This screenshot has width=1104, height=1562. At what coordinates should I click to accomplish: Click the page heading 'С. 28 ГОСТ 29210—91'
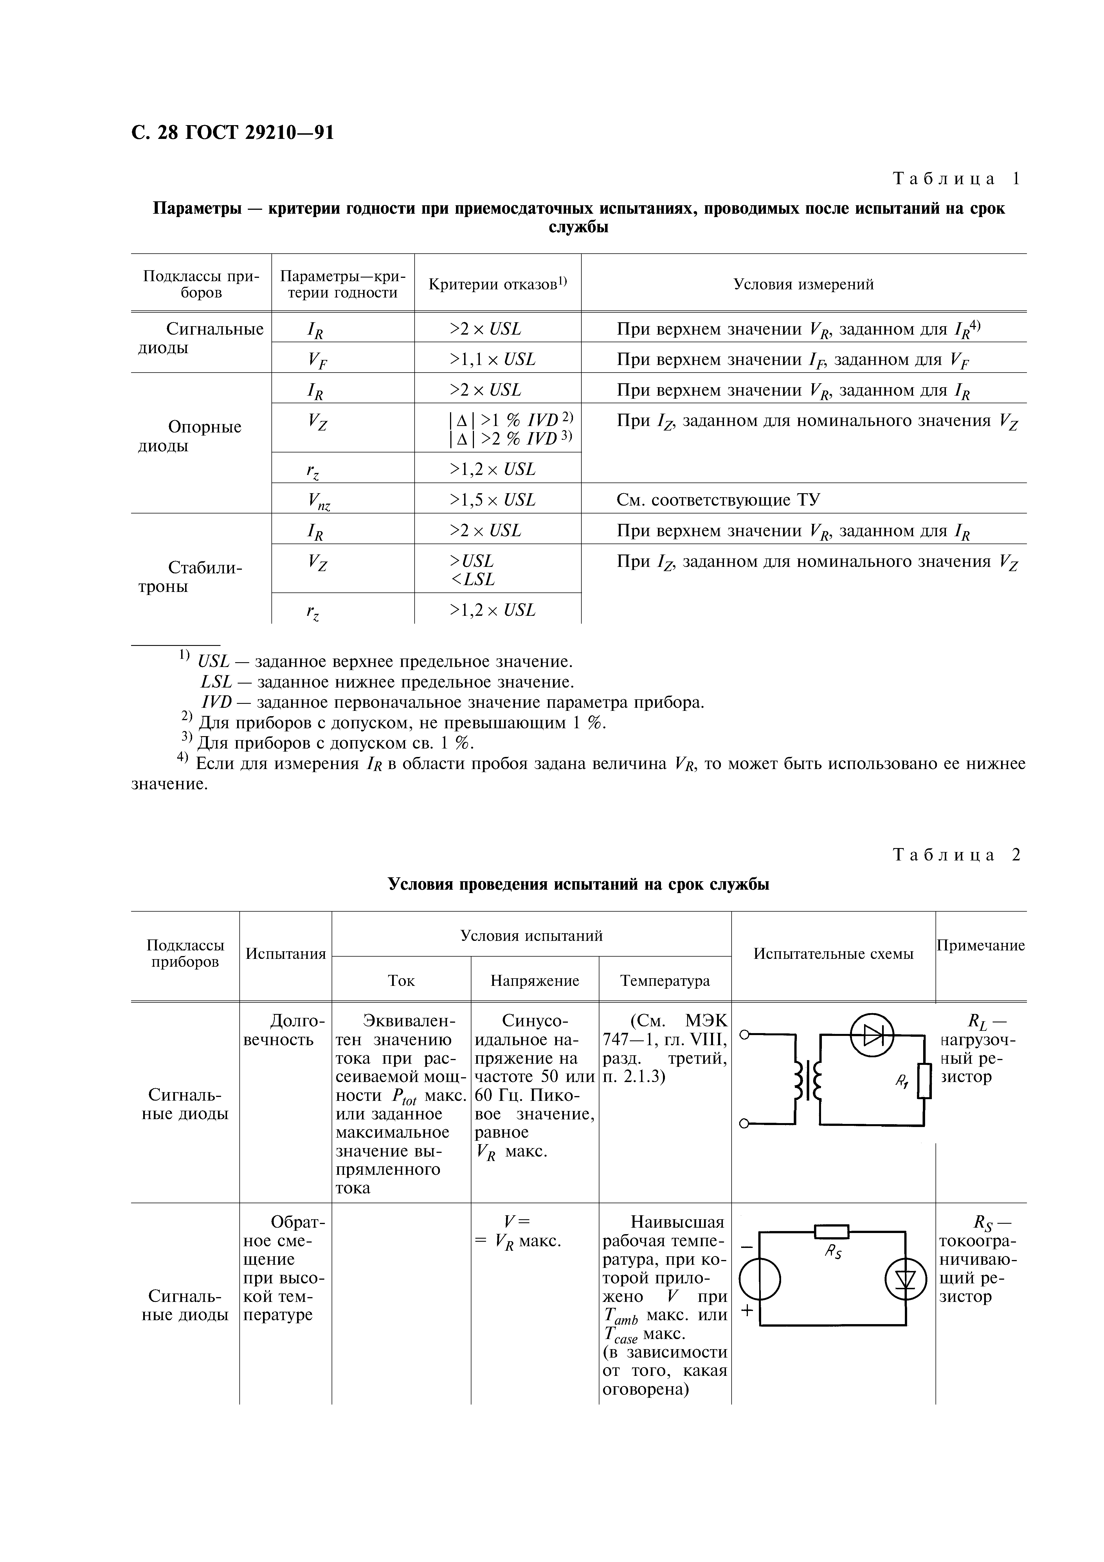[x=233, y=132]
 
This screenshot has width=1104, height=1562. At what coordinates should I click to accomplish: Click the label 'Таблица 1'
[x=956, y=179]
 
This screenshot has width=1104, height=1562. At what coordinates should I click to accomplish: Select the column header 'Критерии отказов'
[x=498, y=284]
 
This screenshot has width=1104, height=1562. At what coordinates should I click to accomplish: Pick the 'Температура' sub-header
[x=665, y=980]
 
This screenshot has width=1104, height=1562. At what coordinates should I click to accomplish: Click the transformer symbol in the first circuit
[x=807, y=1080]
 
